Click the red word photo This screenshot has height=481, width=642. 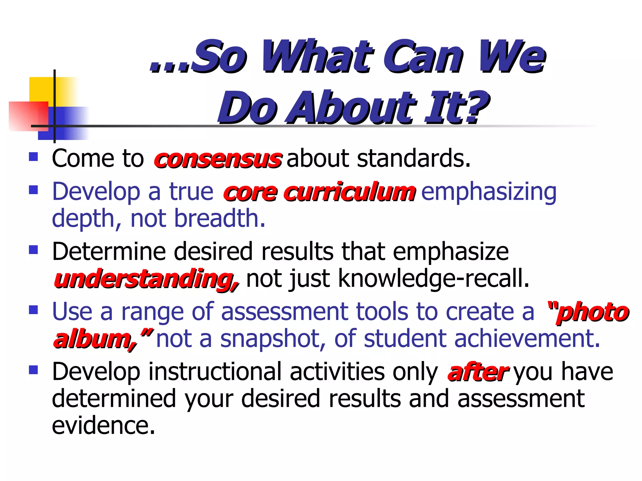(593, 313)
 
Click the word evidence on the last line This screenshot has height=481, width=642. (103, 426)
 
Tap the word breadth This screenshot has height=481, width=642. (219, 218)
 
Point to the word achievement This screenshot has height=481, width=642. (527, 339)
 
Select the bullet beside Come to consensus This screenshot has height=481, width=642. (33, 157)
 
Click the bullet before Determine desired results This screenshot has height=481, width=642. (33, 250)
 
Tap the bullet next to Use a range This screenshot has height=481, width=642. (33, 310)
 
